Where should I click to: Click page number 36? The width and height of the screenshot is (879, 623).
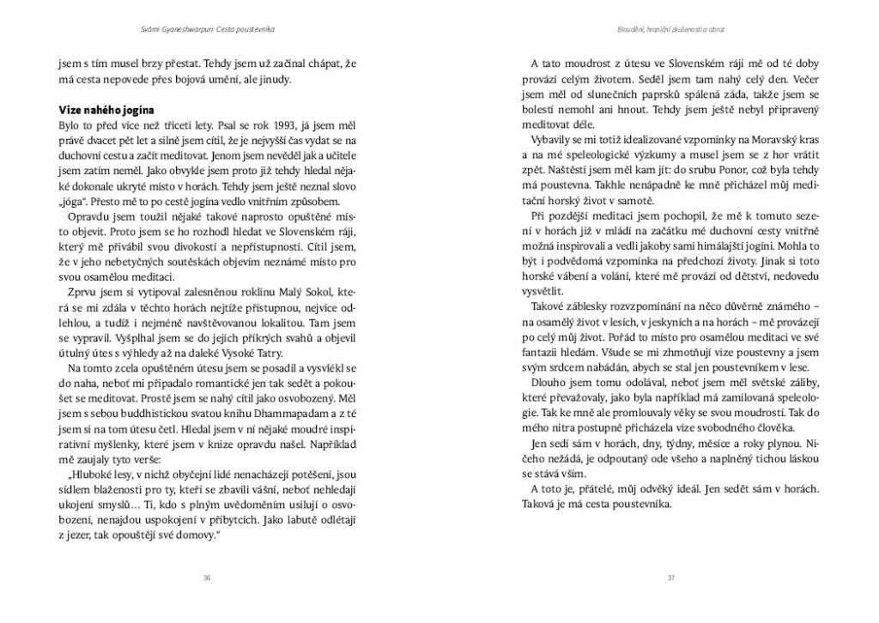[207, 578]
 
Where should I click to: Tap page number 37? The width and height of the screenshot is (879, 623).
[671, 578]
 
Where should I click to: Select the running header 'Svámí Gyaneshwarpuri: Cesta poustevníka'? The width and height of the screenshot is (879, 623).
[207, 28]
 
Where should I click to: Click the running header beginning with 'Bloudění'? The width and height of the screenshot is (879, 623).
[671, 28]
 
